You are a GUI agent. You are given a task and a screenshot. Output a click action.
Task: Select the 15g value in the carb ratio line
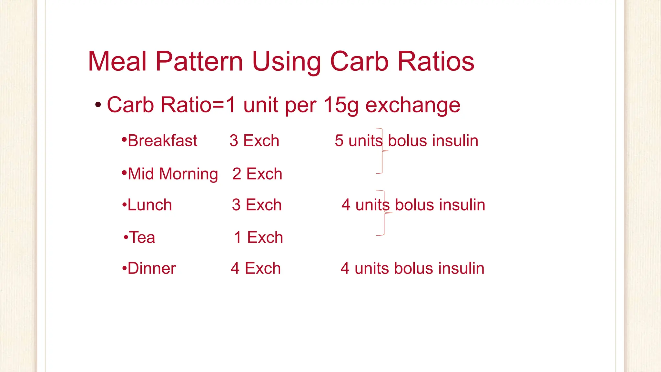tap(341, 105)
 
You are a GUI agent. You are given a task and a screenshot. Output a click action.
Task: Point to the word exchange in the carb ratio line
tap(413, 105)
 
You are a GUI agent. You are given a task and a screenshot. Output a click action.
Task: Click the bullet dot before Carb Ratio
tap(98, 105)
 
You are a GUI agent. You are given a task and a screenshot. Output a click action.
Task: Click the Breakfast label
tap(162, 141)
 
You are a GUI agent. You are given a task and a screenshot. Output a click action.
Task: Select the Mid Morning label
tap(173, 174)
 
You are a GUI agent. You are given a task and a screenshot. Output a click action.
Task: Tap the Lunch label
tap(150, 205)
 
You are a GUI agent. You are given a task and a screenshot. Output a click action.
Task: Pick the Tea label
tap(142, 238)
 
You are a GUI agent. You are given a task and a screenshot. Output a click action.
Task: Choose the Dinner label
tap(152, 269)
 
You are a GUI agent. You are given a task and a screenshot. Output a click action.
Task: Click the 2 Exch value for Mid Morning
tap(257, 174)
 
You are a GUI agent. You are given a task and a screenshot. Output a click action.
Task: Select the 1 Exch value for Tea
tap(259, 238)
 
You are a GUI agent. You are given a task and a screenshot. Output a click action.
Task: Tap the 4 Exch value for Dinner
tap(256, 269)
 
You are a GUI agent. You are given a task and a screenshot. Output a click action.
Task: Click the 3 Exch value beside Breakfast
tap(254, 141)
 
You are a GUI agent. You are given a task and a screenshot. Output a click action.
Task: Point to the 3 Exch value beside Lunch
tap(257, 205)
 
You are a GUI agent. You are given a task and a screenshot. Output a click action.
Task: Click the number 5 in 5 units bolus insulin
tap(339, 141)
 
